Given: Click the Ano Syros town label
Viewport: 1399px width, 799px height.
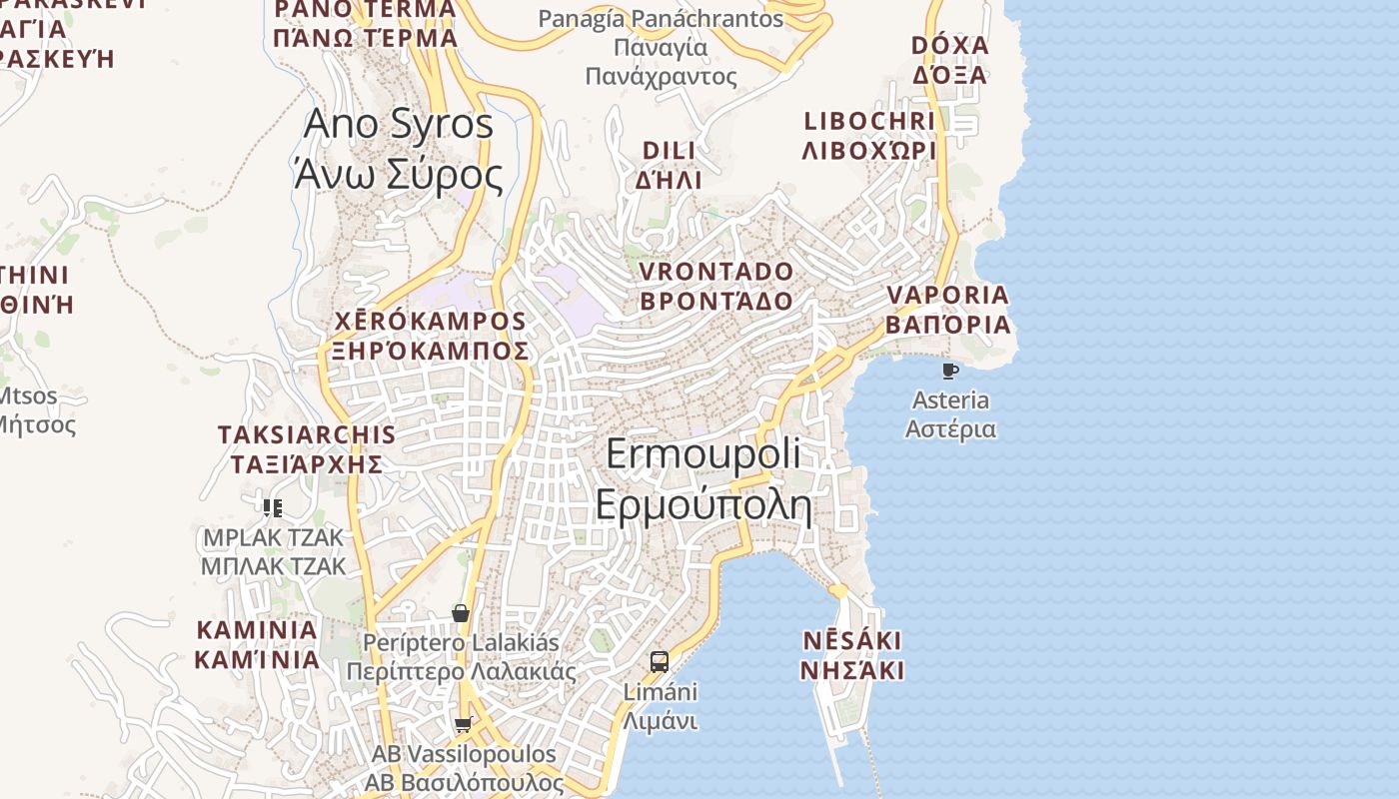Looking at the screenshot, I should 398,149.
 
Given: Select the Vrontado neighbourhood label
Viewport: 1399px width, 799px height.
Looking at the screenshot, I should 715,286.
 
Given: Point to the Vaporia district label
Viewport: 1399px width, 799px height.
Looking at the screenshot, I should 947,310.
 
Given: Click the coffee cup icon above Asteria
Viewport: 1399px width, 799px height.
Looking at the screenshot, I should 950,372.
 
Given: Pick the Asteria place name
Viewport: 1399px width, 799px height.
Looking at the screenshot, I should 950,414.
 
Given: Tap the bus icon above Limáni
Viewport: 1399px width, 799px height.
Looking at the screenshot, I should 660,661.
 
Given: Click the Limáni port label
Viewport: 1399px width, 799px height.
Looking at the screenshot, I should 660,705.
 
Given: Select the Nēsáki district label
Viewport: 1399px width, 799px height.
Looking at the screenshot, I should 852,654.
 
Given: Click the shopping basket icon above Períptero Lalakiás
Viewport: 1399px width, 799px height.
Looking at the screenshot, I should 461,612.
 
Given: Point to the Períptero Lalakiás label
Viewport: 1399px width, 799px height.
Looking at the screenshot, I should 461,656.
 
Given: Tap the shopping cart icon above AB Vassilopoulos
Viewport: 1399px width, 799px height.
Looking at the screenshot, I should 462,724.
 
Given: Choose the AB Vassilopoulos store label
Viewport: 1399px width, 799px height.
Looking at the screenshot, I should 464,767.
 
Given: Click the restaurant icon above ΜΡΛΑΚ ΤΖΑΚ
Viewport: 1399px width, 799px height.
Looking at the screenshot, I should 273,507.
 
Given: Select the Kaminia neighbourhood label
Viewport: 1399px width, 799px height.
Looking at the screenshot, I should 257,644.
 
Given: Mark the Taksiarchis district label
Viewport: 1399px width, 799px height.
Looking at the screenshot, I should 307,449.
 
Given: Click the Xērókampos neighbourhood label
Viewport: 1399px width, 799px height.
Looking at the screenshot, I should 429,336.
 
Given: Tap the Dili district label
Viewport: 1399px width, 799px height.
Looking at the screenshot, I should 669,165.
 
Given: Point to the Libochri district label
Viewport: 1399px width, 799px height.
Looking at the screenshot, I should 869,136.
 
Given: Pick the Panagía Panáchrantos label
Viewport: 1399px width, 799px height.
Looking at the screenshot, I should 661,47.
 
